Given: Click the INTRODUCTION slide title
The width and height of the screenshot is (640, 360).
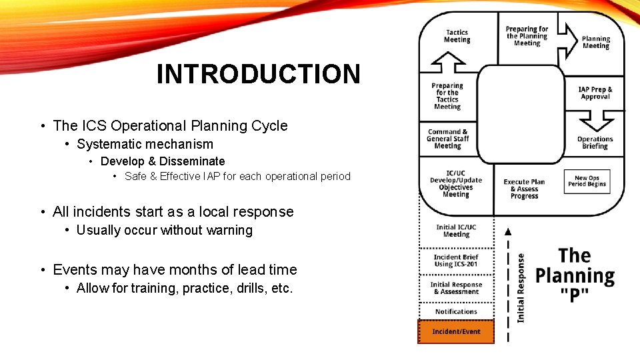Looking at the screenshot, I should [258, 74].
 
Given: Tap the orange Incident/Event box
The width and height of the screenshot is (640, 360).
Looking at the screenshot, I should [456, 331].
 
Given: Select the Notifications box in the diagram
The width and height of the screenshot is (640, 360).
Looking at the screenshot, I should [456, 311].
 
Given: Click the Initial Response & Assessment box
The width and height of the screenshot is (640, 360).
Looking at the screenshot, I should [456, 288].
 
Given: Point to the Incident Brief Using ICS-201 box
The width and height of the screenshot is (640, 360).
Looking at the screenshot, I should [456, 260].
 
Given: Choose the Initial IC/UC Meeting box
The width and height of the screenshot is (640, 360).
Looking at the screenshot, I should [456, 231].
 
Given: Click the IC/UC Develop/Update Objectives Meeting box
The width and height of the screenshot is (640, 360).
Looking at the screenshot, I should [456, 184].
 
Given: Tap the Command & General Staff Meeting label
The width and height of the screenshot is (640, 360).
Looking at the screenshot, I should [448, 139].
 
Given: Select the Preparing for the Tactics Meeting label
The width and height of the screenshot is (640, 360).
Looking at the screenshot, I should [447, 96].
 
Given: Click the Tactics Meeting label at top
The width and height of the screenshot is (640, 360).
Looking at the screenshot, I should [457, 36].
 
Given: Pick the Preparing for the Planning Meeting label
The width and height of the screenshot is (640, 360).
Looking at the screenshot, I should [527, 36].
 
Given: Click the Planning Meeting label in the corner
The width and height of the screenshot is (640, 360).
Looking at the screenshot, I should [596, 43].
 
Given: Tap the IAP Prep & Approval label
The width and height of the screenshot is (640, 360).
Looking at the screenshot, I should [595, 93].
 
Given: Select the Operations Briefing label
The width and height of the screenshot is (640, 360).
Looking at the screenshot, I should [595, 143].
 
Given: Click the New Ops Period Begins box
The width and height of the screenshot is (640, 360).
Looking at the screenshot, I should [587, 181].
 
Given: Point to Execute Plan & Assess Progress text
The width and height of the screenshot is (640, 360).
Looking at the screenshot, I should [524, 189].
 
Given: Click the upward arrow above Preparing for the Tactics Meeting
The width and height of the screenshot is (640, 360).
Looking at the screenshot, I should [448, 63].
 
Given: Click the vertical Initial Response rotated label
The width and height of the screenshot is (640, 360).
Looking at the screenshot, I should [521, 287].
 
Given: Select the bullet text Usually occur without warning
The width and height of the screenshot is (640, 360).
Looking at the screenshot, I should [165, 230].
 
